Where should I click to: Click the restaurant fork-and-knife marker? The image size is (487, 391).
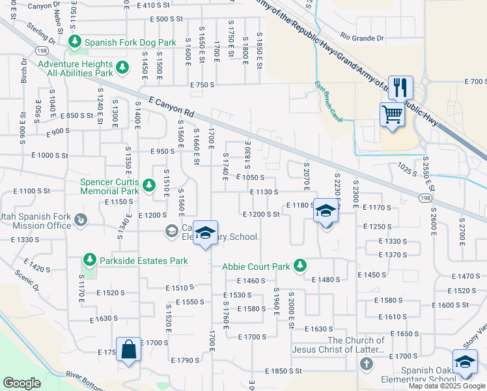click(400, 87)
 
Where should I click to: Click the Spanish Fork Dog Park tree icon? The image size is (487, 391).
click(75, 42)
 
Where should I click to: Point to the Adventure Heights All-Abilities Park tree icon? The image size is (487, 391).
click(122, 67)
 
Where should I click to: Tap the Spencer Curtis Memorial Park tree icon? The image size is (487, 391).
click(149, 186)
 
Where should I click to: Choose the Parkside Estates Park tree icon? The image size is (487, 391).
click(89, 261)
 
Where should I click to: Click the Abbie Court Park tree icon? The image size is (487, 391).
click(299, 266)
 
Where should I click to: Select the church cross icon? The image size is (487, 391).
click(367, 363)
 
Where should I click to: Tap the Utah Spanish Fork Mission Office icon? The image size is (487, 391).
click(81, 220)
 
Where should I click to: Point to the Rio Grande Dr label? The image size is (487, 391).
click(362, 38)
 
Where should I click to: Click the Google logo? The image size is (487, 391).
click(22, 383)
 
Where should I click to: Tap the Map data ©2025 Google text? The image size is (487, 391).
click(447, 386)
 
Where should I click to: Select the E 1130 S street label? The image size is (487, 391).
click(264, 192)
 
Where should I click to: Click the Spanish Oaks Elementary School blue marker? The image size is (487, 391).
click(465, 363)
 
